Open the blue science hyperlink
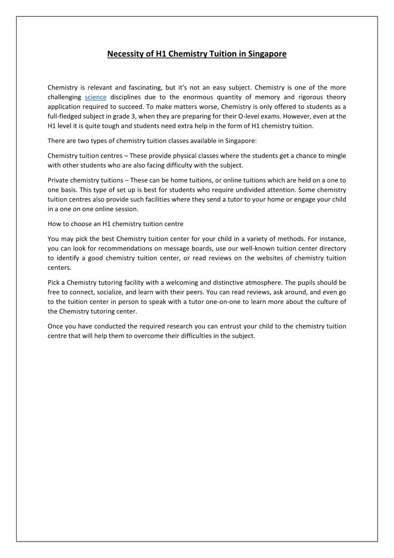click(x=96, y=97)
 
